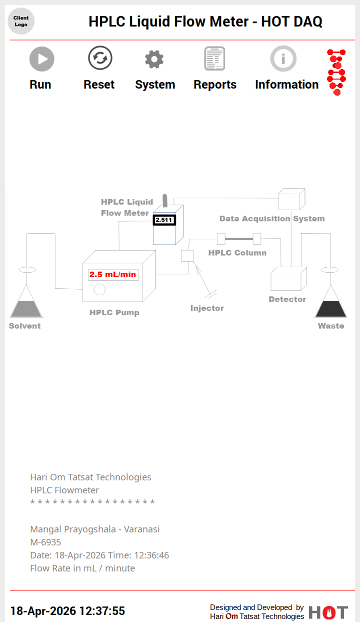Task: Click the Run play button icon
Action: (x=41, y=59)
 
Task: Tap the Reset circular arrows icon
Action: (x=100, y=58)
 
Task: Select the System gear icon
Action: (x=154, y=60)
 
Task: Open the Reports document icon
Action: (x=214, y=59)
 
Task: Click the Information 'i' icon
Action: (x=283, y=59)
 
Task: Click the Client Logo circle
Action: (x=21, y=21)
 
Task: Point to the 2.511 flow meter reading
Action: (x=164, y=220)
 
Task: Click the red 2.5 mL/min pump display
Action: (x=113, y=274)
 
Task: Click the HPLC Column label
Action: (x=237, y=253)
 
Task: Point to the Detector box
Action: (x=288, y=279)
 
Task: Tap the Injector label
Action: (x=207, y=308)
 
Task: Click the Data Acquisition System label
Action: (x=272, y=219)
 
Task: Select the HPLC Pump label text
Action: (x=114, y=313)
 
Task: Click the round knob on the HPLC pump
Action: (x=99, y=289)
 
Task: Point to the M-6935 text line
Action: (x=45, y=542)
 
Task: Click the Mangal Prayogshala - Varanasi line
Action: (x=95, y=529)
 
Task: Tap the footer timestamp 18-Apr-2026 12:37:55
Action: (x=67, y=611)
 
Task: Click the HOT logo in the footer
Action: (x=328, y=612)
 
